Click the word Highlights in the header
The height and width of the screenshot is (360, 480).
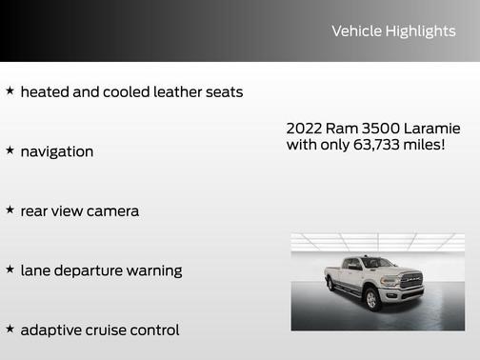coord(420,31)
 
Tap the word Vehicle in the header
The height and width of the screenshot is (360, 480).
coord(355,31)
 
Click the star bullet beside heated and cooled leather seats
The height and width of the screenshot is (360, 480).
coord(10,91)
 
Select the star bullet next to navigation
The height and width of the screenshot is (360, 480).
coord(10,150)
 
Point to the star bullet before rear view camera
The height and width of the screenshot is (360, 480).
coord(10,210)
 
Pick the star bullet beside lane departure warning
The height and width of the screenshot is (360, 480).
coord(10,270)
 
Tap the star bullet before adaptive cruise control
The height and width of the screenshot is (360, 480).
coord(10,329)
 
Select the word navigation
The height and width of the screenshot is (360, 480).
coord(57,151)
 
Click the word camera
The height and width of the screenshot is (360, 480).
coord(112,210)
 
